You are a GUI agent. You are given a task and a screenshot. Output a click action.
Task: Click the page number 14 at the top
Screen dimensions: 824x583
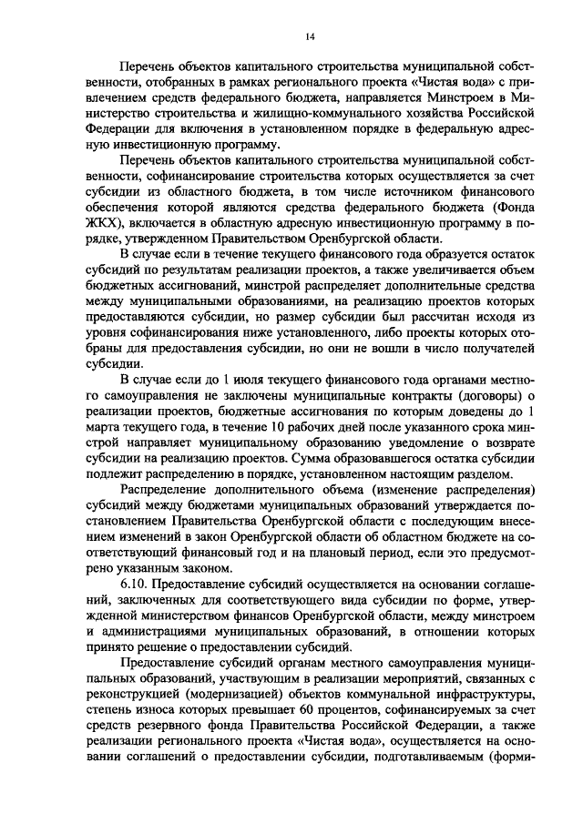[x=310, y=36]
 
